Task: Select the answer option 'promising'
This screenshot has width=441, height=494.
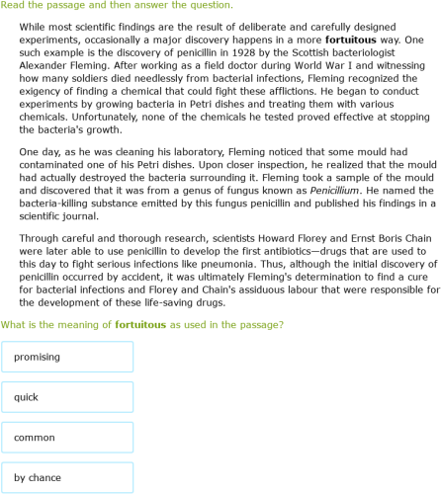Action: coord(67,357)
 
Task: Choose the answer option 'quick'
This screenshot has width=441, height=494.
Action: coord(67,397)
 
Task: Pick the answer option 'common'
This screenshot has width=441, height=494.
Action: coord(67,438)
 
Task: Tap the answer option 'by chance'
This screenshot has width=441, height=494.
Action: coord(67,478)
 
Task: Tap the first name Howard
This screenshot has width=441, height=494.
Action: coord(270,238)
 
